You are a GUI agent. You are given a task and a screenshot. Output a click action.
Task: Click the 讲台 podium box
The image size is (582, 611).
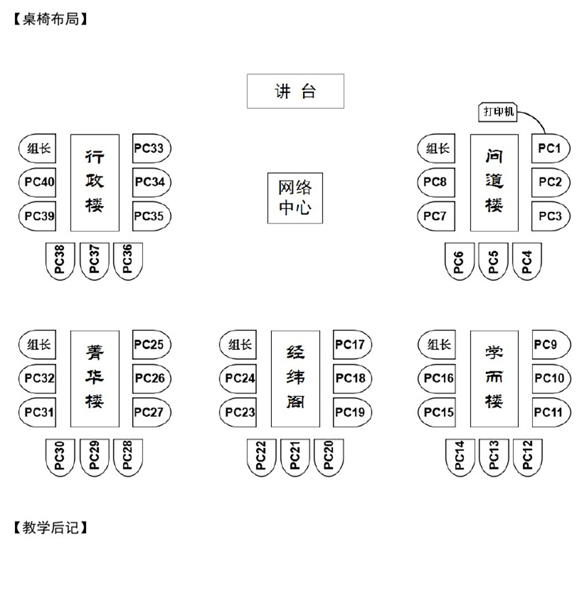(x=295, y=91)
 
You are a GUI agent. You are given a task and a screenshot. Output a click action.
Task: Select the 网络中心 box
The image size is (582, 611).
(x=295, y=198)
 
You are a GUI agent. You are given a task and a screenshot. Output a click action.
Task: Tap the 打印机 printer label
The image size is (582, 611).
(x=498, y=112)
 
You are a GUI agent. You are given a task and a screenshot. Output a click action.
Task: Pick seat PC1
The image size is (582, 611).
(x=551, y=149)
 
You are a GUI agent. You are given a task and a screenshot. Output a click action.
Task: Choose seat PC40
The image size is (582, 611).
(x=38, y=182)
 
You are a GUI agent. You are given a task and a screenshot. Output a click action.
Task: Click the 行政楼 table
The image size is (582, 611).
(x=95, y=183)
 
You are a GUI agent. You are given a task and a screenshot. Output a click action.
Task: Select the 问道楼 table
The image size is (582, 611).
(x=494, y=183)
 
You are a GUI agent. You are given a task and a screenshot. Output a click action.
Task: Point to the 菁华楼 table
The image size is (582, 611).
(x=95, y=378)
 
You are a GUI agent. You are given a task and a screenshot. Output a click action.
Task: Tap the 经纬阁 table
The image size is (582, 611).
(x=295, y=378)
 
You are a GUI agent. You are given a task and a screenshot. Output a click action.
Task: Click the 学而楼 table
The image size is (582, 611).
(x=494, y=378)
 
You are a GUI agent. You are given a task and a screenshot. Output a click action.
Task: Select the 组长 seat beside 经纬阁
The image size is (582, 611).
(x=238, y=344)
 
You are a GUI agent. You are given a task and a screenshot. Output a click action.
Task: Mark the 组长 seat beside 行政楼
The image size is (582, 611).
(x=38, y=149)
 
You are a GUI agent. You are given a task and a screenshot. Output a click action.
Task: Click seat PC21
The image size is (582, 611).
(x=295, y=457)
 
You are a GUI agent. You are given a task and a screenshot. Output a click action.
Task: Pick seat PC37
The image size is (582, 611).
(x=95, y=261)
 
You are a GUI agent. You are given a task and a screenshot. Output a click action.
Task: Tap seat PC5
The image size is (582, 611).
(x=494, y=261)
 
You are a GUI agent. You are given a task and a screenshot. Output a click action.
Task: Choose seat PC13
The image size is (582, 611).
(x=494, y=457)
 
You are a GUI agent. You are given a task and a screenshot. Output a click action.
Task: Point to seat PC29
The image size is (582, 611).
(x=95, y=457)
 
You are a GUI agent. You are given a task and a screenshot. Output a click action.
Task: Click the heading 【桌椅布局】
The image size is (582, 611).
(x=51, y=19)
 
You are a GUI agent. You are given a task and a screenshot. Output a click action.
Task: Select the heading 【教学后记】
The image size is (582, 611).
(x=51, y=528)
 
